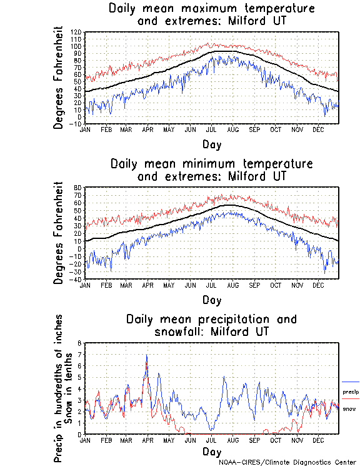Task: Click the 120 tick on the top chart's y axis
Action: coord(77,32)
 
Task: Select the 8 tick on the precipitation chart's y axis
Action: coord(79,343)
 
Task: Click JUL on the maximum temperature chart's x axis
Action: coord(211,129)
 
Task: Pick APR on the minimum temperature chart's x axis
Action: coord(147,285)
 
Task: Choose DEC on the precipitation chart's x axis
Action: coord(317,440)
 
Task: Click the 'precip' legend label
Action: coord(351,392)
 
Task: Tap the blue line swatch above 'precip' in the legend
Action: coord(351,382)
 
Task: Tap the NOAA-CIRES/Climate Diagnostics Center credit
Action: coord(287,462)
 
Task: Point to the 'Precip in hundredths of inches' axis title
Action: coord(58,397)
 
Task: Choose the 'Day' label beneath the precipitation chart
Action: coord(212,451)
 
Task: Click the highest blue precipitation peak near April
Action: coord(147,355)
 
